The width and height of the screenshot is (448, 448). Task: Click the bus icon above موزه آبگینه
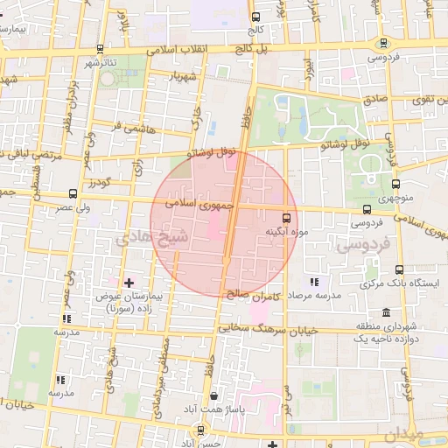(x=286, y=217)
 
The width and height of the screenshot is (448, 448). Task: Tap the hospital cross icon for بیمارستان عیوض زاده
(x=129, y=283)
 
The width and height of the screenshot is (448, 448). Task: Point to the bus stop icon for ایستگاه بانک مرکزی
(x=400, y=269)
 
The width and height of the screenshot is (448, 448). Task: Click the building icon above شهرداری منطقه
(x=387, y=312)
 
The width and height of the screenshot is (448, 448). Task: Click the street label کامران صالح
(x=255, y=295)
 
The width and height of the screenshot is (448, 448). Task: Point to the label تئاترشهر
(x=101, y=64)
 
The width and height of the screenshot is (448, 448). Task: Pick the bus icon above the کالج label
(x=255, y=17)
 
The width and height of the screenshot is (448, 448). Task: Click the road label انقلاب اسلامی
(x=185, y=49)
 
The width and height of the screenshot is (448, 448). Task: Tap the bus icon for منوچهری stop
(x=396, y=185)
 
